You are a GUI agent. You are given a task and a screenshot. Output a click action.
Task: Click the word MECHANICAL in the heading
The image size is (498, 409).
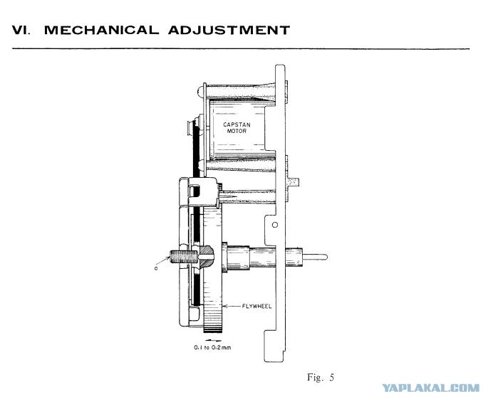(101, 30)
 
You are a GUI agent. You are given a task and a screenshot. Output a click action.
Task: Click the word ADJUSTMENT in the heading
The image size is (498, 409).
(229, 30)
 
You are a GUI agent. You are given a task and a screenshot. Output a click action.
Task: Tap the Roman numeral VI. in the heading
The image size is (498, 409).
(21, 30)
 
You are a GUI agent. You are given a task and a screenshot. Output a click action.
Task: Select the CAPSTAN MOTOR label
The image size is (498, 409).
(237, 128)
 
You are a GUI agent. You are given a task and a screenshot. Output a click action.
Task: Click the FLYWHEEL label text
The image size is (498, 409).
(257, 307)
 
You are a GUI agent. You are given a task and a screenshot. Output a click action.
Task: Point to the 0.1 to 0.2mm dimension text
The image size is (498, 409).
(212, 348)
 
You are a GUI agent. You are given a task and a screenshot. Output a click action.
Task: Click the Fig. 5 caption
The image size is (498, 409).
(321, 377)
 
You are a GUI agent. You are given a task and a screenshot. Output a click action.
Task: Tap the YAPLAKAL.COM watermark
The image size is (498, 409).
(430, 388)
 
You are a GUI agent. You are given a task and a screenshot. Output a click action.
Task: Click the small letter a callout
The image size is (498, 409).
(156, 268)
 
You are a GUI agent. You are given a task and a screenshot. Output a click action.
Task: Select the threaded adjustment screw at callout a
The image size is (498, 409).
(185, 257)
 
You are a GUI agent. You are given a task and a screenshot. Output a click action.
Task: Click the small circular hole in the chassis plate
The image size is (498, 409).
(275, 225)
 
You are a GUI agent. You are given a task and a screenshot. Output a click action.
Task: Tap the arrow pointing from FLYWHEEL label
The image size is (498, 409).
(232, 307)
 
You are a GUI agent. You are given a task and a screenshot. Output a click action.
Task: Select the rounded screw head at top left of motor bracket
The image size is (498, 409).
(200, 92)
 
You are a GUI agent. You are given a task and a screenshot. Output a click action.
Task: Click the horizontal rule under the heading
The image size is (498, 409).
(241, 49)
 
